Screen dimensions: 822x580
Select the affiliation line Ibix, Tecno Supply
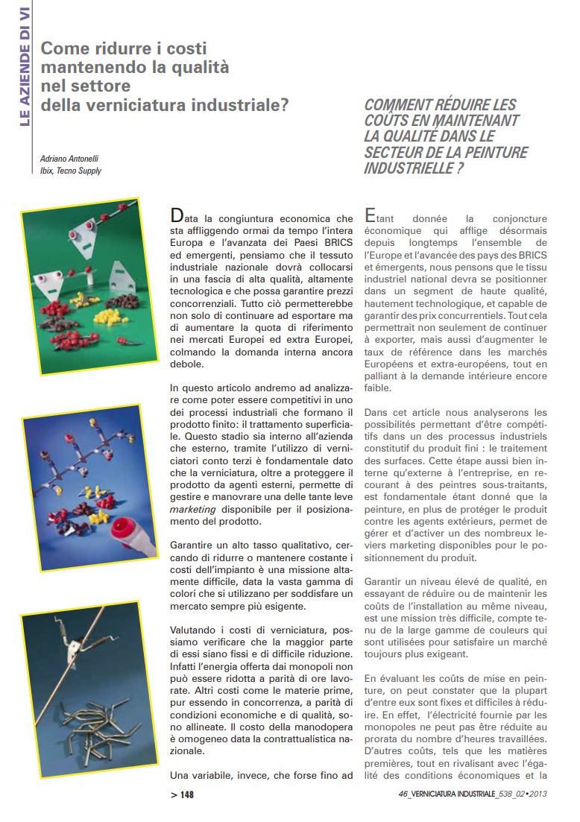click(x=71, y=171)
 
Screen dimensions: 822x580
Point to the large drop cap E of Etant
click(x=370, y=216)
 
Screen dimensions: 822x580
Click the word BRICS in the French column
click(x=532, y=256)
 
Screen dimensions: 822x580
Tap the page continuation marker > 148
click(x=182, y=795)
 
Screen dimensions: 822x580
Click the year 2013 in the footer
click(x=538, y=795)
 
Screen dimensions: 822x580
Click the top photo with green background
click(x=89, y=286)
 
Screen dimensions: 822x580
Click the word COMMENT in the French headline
click(x=394, y=105)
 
